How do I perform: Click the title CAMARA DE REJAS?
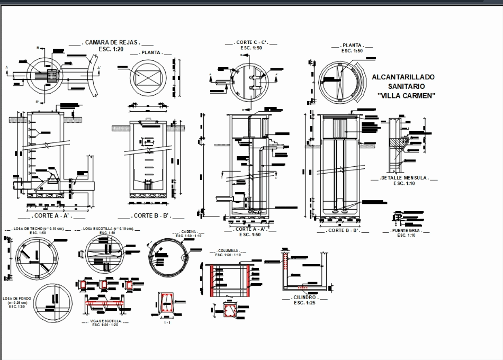111,42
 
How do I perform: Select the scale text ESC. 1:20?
111,49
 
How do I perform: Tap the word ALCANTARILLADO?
403,77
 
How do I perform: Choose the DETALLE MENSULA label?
405,178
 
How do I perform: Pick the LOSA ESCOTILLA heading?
107,229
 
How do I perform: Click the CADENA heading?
189,231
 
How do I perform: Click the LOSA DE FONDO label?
16,299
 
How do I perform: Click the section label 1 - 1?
167,322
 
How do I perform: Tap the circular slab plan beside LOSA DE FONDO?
51,300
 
